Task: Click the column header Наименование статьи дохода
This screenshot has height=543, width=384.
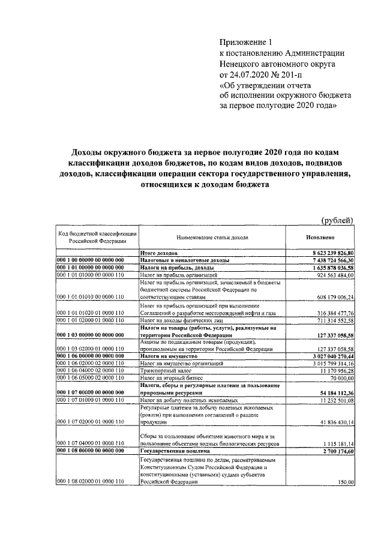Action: (x=212, y=238)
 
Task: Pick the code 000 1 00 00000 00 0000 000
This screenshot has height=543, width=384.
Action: (x=91, y=260)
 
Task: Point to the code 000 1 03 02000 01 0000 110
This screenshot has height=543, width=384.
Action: (x=91, y=349)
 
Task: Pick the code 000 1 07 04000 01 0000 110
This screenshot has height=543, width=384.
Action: (x=91, y=442)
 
